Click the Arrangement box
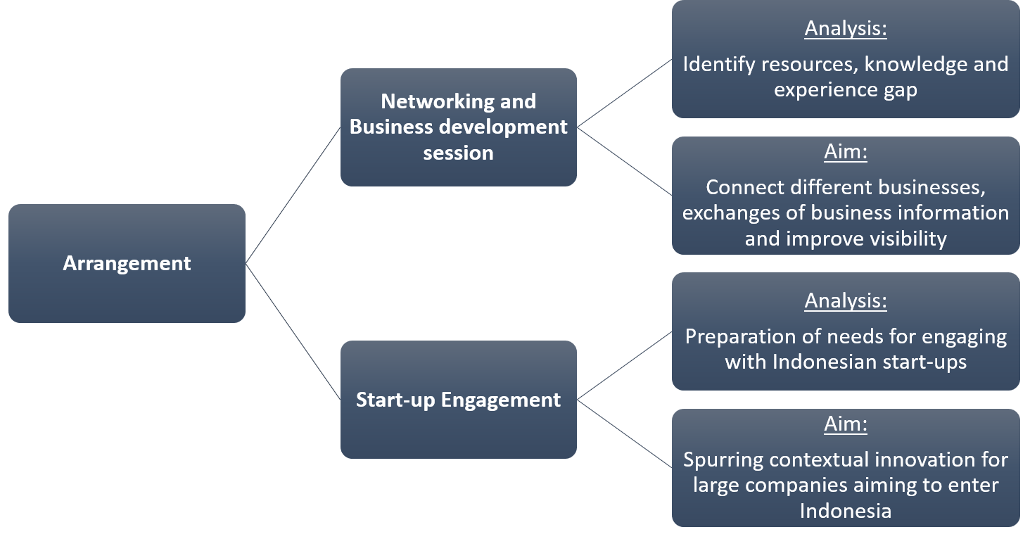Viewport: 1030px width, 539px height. point(127,263)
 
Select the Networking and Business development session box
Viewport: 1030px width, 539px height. point(458,127)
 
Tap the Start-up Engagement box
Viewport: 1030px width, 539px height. point(458,400)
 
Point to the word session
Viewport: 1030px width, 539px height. point(458,153)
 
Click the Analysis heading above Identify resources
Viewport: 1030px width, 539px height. point(845,29)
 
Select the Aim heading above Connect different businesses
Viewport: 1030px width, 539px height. point(845,152)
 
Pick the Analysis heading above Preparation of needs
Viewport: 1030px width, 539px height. point(845,301)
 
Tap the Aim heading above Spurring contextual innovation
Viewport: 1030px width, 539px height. point(845,424)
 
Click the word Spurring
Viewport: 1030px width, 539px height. point(723,459)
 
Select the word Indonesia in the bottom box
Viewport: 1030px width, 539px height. point(845,510)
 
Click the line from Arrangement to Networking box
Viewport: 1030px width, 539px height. point(293,196)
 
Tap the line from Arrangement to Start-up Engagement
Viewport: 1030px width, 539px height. point(293,331)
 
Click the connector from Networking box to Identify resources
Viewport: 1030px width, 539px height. point(624,93)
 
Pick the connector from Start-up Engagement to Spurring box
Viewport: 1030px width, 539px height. point(624,433)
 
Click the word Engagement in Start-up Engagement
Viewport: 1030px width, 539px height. point(500,400)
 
